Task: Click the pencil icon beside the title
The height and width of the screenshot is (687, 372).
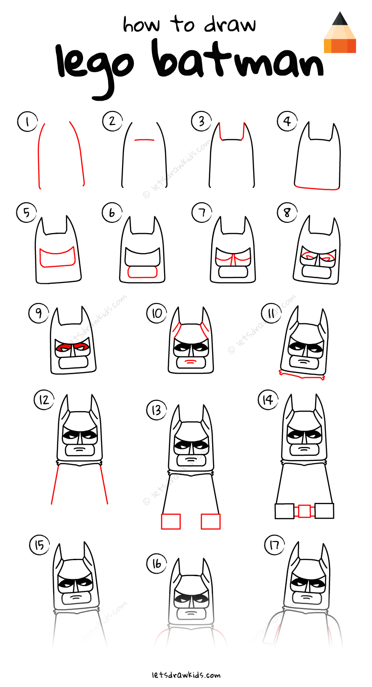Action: click(340, 33)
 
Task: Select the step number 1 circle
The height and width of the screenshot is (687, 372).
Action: click(28, 122)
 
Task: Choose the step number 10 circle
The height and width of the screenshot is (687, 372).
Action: click(157, 313)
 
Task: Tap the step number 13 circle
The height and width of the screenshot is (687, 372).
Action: click(156, 410)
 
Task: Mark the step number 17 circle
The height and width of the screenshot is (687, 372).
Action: click(274, 545)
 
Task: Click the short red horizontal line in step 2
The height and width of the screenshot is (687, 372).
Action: click(144, 139)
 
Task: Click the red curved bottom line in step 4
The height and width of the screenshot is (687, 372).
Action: click(317, 188)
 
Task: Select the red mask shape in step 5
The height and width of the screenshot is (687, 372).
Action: click(58, 258)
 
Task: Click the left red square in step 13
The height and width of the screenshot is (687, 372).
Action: click(171, 521)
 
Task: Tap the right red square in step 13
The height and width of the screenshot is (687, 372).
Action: click(211, 521)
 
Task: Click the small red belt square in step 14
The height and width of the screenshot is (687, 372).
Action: click(304, 511)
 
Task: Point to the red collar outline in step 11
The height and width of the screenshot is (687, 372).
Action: click(302, 374)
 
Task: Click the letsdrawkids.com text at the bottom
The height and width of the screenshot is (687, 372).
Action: click(186, 674)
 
